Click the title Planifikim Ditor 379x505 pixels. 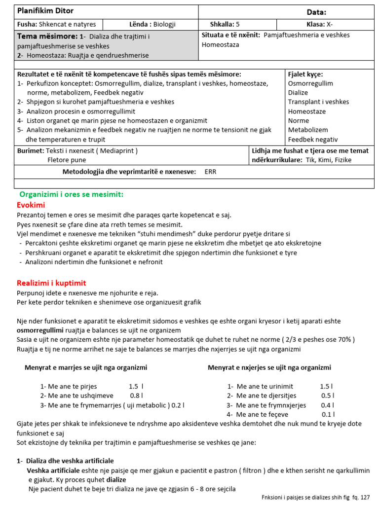click(x=45, y=11)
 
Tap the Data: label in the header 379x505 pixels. click(x=316, y=12)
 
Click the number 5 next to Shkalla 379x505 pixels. click(x=238, y=24)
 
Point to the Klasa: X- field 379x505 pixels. click(x=323, y=24)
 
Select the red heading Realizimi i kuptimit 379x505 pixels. click(x=51, y=283)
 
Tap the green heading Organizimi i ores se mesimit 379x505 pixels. click(x=71, y=194)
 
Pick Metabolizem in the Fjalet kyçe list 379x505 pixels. click(x=307, y=130)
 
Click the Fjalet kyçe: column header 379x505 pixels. click(x=305, y=74)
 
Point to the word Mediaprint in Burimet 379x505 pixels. click(x=117, y=150)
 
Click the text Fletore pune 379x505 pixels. click(x=67, y=159)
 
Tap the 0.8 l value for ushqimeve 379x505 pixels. click(x=136, y=396)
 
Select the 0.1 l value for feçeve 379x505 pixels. click(x=328, y=414)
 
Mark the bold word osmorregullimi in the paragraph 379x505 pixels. click(x=40, y=330)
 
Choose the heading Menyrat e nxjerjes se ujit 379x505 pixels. click(x=269, y=367)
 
